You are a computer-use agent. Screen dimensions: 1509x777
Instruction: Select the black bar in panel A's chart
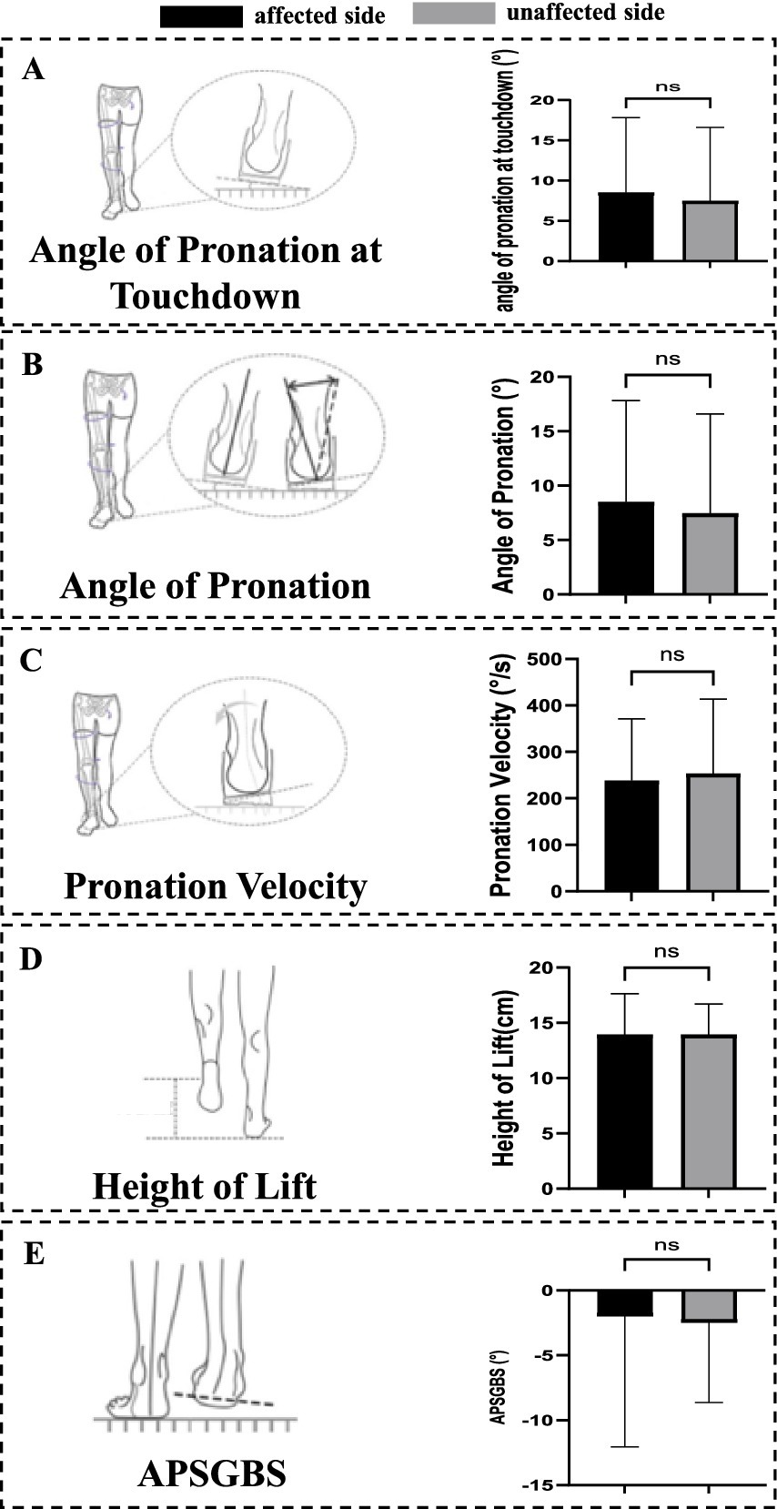coord(625,227)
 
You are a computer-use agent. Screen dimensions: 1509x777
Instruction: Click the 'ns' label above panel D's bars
coord(666,951)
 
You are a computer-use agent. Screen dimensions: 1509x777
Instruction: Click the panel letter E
coord(33,1254)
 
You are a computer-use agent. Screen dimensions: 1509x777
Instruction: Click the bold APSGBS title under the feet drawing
coord(211,1473)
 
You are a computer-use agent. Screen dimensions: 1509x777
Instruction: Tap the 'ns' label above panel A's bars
coord(667,87)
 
